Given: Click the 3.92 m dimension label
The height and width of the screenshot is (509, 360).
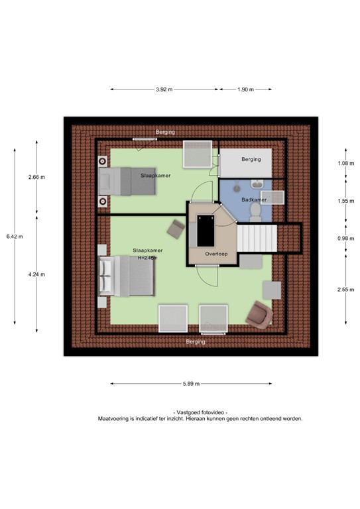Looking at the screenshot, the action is click(164, 89).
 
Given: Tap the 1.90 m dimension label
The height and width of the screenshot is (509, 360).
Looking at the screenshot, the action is click(245, 89).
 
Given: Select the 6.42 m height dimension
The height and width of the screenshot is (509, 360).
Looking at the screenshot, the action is click(15, 237).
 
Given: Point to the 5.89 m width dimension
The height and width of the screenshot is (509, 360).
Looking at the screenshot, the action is click(191, 384).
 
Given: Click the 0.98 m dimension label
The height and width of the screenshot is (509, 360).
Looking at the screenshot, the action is click(345, 239).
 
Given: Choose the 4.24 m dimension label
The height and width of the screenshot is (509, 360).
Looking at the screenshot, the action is click(36, 274).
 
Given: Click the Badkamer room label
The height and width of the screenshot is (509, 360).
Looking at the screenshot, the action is click(254, 199).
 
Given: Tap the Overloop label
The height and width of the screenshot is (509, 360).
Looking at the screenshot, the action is click(216, 254).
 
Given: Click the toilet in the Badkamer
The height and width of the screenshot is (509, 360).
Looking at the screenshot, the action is click(255, 212).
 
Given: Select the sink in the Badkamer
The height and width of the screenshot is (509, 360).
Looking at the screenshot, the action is click(258, 184).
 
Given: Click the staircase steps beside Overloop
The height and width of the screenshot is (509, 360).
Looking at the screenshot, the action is click(257, 239).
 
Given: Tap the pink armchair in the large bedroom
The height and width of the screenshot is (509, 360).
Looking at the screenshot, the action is click(259, 315).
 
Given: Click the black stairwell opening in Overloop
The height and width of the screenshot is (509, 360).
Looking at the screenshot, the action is click(206, 231).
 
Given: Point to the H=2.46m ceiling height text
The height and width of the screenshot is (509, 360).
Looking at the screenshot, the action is click(148, 258).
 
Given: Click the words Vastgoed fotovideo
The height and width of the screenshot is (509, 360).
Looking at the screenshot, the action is click(200, 412).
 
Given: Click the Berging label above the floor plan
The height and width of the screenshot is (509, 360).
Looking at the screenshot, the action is click(165, 132).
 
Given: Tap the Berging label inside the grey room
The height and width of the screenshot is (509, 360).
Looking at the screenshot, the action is click(251, 159).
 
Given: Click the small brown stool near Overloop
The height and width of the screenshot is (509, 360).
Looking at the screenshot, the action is click(176, 229).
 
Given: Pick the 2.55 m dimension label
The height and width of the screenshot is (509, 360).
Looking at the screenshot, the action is click(345, 289).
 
